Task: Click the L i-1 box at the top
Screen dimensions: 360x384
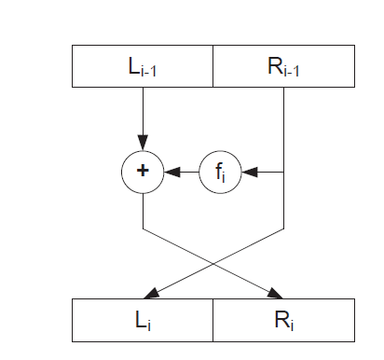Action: (143, 66)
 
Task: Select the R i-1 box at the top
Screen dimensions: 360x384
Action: (283, 66)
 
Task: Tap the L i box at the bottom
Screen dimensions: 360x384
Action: (143, 320)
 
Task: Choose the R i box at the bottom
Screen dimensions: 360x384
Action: (283, 320)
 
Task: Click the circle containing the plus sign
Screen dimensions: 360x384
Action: (143, 171)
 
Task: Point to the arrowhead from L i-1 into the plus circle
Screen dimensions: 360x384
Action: (143, 145)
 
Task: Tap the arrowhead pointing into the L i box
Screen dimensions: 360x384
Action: (150, 292)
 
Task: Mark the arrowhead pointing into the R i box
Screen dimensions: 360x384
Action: (277, 292)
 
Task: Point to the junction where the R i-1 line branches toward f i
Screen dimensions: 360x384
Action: (283, 171)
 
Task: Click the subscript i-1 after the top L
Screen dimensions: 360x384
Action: (152, 70)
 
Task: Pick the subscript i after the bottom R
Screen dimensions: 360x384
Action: (293, 324)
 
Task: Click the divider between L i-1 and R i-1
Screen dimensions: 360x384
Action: (213, 66)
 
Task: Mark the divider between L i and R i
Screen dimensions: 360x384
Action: (213, 320)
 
